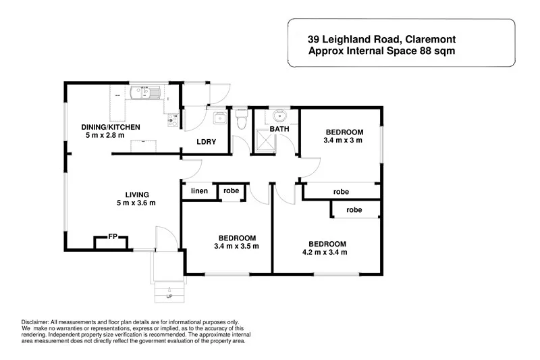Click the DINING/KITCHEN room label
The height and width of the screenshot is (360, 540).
coord(112,127)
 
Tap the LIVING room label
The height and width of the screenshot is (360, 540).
coord(136,193)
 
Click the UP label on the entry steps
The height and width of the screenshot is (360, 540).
coord(169,297)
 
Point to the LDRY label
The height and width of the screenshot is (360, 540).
coord(205,143)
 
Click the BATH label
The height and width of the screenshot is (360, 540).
coord(279,128)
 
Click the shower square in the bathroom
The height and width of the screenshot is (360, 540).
coord(265,143)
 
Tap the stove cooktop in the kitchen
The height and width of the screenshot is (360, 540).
coord(173,120)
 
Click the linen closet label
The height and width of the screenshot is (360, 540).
coord(198,190)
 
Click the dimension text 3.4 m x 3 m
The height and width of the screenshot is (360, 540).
coord(344,141)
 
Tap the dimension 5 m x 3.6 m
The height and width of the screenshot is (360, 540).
coord(136,203)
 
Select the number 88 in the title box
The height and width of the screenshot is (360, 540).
coord(414,51)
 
